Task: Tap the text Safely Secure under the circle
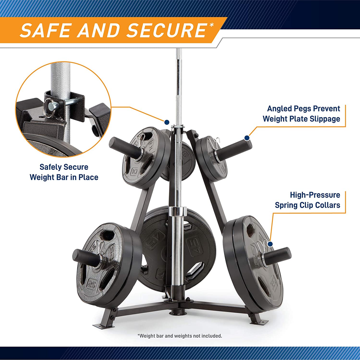(64, 167)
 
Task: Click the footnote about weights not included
(180, 336)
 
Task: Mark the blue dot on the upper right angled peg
(247, 138)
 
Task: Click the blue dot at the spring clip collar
(270, 244)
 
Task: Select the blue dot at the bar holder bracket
(166, 121)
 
